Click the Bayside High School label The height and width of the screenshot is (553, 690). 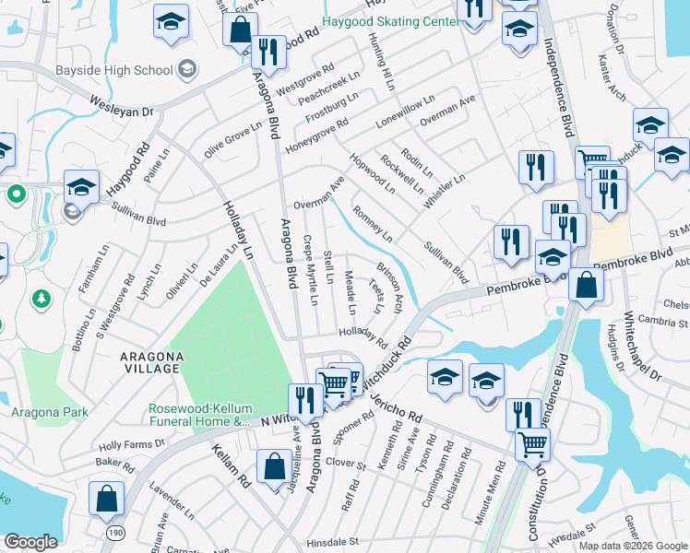[x=127, y=70]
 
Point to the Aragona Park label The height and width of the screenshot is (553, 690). [x=43, y=412]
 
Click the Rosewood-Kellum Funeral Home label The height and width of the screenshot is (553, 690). [x=200, y=416]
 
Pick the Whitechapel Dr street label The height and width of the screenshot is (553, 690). [x=643, y=346]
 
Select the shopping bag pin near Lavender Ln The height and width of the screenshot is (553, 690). [x=106, y=499]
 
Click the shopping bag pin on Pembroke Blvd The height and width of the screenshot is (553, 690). [x=586, y=285]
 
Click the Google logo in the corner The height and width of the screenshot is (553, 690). [x=31, y=542]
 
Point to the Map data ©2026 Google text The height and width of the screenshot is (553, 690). [x=633, y=546]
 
